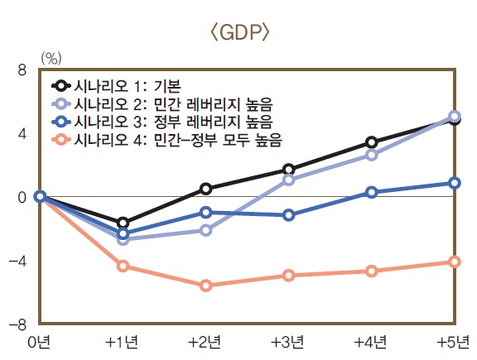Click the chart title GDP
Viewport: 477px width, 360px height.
pos(238,34)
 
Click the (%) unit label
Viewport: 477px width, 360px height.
pos(51,58)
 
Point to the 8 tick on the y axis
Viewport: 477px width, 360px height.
pos(23,70)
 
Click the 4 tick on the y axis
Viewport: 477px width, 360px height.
pos(23,133)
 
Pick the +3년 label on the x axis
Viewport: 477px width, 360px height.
pos(288,342)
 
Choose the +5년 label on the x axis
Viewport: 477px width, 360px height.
pos(454,342)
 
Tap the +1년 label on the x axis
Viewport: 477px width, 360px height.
pos(123,342)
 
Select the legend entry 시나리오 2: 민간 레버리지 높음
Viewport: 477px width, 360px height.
pos(161,103)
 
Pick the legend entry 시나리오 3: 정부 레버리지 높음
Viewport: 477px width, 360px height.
pos(161,121)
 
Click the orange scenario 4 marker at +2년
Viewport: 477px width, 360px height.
pos(205,286)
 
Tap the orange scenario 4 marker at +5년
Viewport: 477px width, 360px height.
pos(455,262)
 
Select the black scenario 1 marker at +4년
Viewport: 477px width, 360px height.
pos(372,142)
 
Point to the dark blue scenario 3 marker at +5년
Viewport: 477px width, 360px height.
pos(455,183)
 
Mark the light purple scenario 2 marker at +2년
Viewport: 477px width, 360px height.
pos(205,230)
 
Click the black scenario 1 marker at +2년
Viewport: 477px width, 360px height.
pos(205,189)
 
